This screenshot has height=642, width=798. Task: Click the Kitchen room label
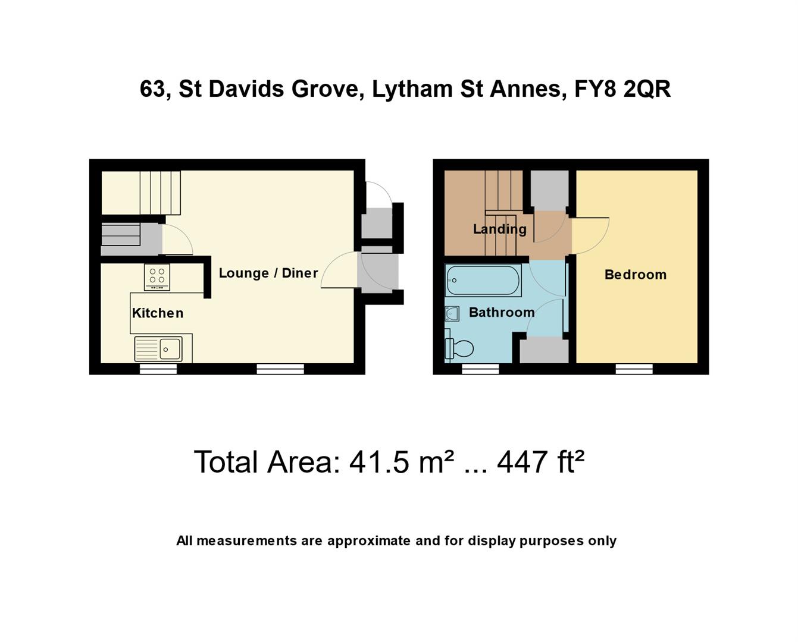[x=157, y=313]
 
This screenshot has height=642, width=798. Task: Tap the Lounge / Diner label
[x=268, y=273]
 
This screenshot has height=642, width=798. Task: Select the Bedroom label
[x=635, y=275]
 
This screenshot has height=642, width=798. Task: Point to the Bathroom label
[x=501, y=312]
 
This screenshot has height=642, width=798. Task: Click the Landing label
[x=499, y=229]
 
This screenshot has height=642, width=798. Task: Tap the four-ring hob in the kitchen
[x=157, y=277]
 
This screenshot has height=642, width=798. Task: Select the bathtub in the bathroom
[x=483, y=280]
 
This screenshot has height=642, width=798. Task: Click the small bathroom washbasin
[x=452, y=313]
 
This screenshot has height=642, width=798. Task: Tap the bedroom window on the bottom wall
[x=634, y=369]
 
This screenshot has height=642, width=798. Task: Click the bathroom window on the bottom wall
[x=480, y=369]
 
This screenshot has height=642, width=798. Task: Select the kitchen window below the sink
[x=158, y=369]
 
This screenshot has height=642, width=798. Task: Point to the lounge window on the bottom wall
[x=280, y=369]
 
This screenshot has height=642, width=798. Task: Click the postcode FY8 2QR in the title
[x=622, y=89]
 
